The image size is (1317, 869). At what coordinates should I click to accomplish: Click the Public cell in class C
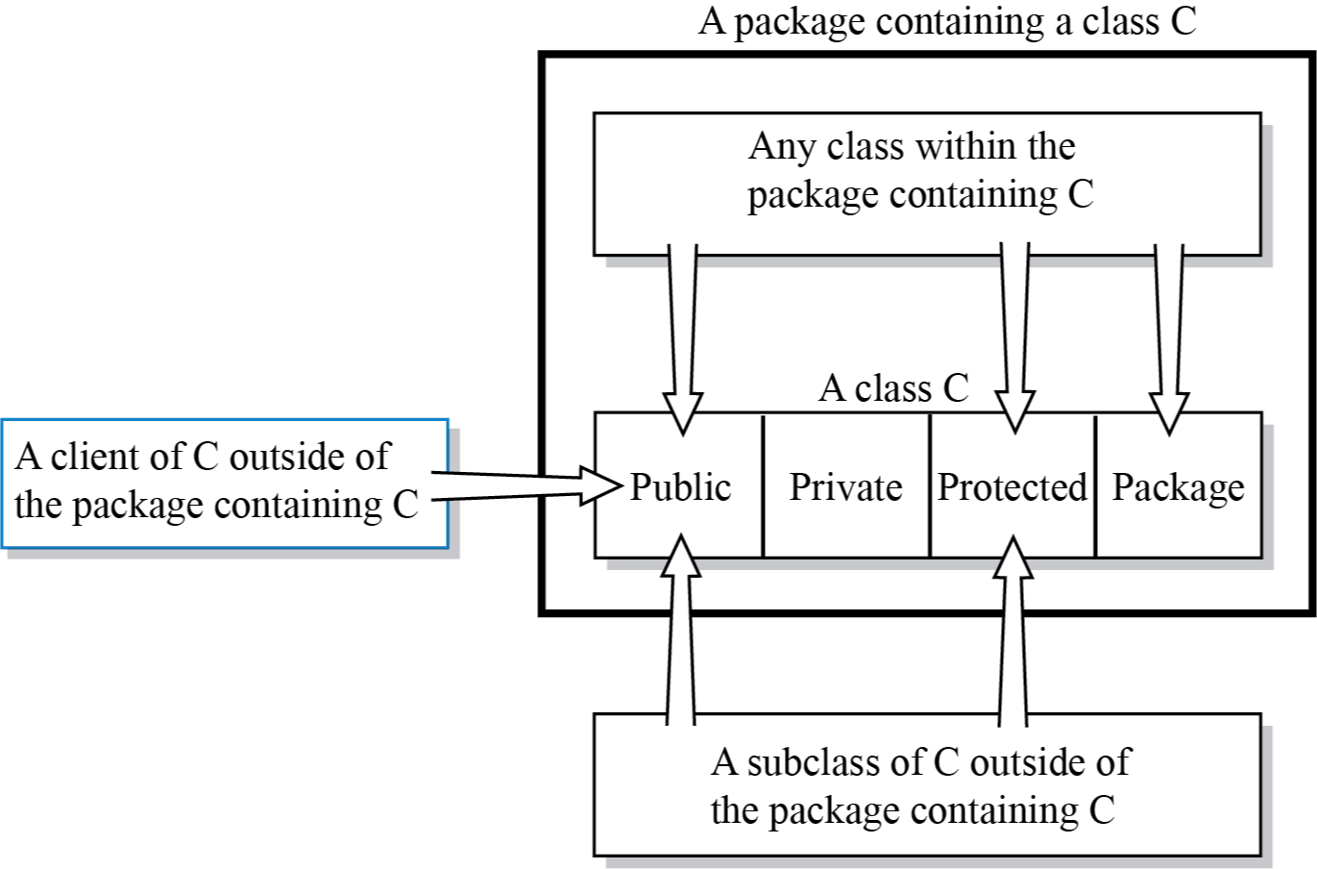point(680,487)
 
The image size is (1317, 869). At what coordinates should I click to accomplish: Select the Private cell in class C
point(845,487)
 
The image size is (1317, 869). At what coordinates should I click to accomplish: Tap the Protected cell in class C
point(1012,487)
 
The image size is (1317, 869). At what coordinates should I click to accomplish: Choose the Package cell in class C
point(1178,487)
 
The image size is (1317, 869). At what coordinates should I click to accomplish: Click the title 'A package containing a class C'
point(947,21)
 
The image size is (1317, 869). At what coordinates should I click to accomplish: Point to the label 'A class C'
point(893,388)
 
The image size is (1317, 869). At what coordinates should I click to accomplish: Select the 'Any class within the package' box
point(926,183)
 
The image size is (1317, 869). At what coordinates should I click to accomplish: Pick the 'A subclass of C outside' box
point(926,784)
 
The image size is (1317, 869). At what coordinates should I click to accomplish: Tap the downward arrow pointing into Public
point(683,336)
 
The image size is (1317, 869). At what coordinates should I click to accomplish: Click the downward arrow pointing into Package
point(1169,336)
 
